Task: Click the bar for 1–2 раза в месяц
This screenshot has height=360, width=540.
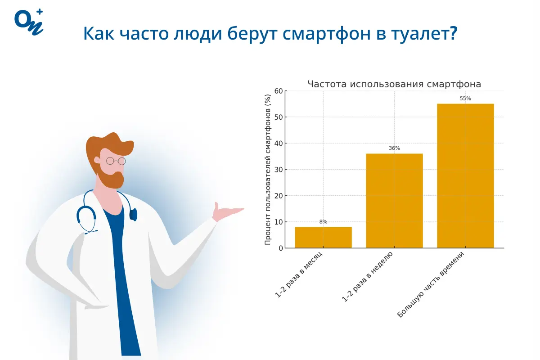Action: (x=323, y=237)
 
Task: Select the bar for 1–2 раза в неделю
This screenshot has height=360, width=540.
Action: (x=394, y=201)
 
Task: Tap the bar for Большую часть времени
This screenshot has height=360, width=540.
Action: (x=465, y=175)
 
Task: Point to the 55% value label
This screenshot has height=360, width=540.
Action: (x=465, y=99)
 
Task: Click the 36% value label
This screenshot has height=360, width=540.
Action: (x=394, y=148)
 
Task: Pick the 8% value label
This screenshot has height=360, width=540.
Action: (x=323, y=221)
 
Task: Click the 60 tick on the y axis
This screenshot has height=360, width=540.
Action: (x=279, y=91)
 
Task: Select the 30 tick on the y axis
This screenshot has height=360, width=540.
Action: (x=279, y=170)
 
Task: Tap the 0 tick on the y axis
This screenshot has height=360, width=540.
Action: (x=281, y=248)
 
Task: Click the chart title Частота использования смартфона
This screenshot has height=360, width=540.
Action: (x=394, y=84)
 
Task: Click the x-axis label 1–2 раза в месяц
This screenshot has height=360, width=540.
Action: (x=299, y=274)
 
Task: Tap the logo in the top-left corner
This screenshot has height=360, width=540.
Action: (x=29, y=21)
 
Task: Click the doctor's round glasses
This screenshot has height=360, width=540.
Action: (x=116, y=161)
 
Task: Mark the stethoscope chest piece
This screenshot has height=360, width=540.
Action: (x=133, y=215)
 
